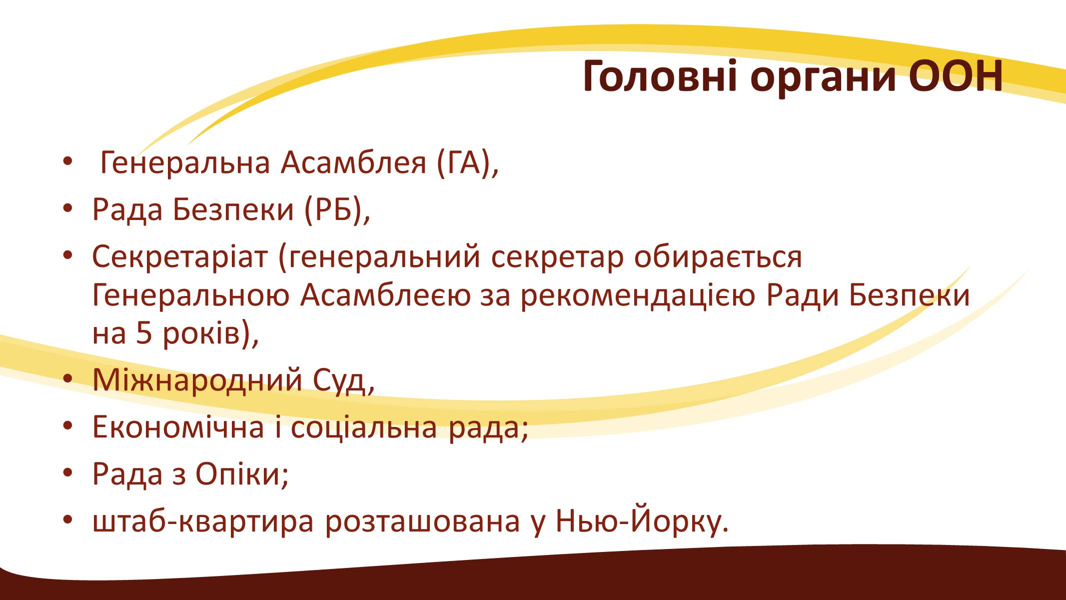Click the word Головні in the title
pyautogui.click(x=660, y=77)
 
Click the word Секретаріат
pyautogui.click(x=180, y=256)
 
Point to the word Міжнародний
pyautogui.click(x=197, y=380)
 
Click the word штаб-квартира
pyautogui.click(x=203, y=521)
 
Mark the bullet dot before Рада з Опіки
pyautogui.click(x=68, y=472)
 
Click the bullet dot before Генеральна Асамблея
pyautogui.click(x=68, y=162)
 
